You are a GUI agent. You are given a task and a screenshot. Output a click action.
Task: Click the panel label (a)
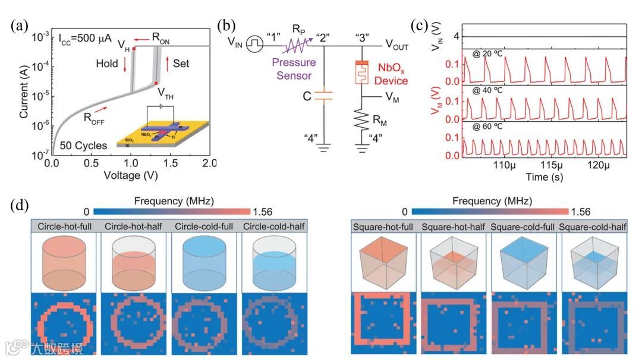tap(18, 27)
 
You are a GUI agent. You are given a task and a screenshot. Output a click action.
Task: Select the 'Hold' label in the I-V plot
tap(108, 62)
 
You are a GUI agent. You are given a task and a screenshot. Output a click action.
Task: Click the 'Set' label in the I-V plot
tap(181, 62)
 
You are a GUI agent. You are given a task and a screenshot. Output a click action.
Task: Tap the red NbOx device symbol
tap(360, 73)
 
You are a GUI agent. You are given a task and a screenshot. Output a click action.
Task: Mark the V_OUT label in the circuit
tap(396, 45)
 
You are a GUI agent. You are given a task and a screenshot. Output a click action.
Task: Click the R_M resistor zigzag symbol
tap(360, 125)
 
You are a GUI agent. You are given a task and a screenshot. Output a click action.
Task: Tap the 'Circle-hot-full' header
tap(64, 226)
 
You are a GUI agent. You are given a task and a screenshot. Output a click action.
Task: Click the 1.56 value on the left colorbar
tap(264, 211)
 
